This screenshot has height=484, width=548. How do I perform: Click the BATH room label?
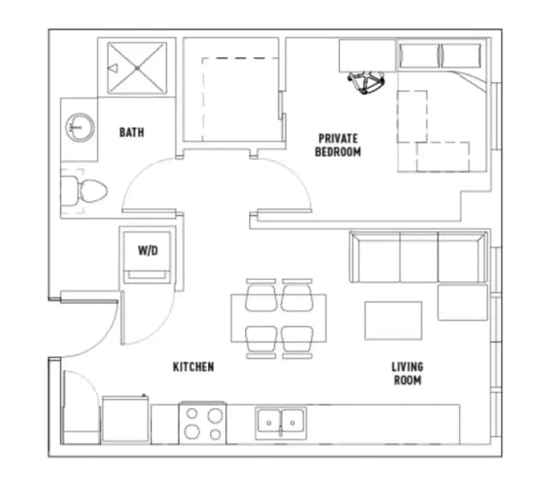[131, 133]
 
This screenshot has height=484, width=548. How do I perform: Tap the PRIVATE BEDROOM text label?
[337, 145]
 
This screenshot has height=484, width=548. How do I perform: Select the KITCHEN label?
[194, 367]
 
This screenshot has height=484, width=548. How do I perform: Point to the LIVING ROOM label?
[407, 373]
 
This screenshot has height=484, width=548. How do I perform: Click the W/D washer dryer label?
[147, 251]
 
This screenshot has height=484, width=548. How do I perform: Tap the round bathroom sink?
[77, 128]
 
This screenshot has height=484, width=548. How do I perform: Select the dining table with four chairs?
[278, 318]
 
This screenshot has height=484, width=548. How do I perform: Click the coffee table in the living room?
[393, 320]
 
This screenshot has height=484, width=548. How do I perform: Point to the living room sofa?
[415, 257]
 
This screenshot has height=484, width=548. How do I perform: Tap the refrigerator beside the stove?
[126, 420]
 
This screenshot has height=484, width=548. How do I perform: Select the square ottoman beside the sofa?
[462, 302]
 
